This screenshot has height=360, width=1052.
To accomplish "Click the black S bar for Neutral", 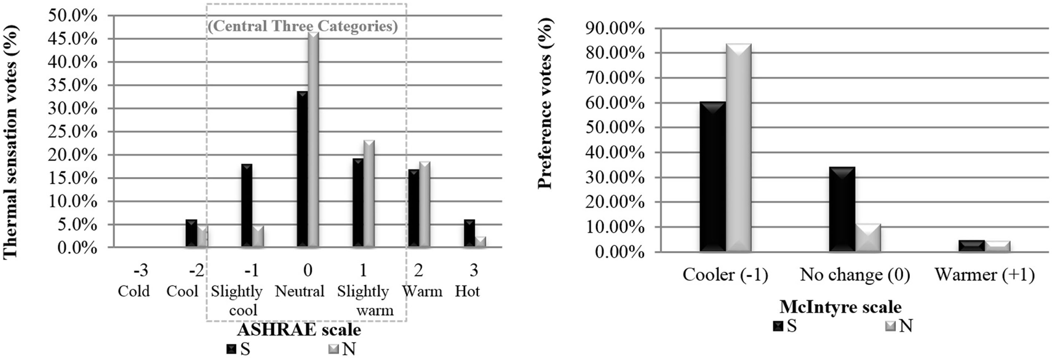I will [x=302, y=170].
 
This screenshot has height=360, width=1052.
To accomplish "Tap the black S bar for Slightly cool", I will [x=247, y=206].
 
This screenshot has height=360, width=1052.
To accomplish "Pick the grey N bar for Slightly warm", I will [x=369, y=194].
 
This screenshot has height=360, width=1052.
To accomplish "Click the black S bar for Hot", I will [x=469, y=234].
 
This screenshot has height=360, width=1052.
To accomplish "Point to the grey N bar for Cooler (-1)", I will [x=738, y=148].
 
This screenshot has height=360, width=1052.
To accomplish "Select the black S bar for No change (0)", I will [x=842, y=209].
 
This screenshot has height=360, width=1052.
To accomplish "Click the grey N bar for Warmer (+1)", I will [x=997, y=246].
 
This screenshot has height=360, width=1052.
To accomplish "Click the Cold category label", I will [x=133, y=291].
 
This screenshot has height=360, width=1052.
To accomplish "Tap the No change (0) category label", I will [x=855, y=274].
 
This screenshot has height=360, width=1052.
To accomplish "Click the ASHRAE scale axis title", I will [x=299, y=330].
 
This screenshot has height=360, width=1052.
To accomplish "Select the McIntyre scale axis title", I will [x=840, y=306].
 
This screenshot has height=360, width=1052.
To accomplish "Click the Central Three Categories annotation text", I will [x=303, y=26].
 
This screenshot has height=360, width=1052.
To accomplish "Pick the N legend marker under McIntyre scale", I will [x=890, y=326].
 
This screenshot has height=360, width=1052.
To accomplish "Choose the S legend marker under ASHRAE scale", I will [x=231, y=349].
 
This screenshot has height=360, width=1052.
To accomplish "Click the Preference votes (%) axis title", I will [x=545, y=103].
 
